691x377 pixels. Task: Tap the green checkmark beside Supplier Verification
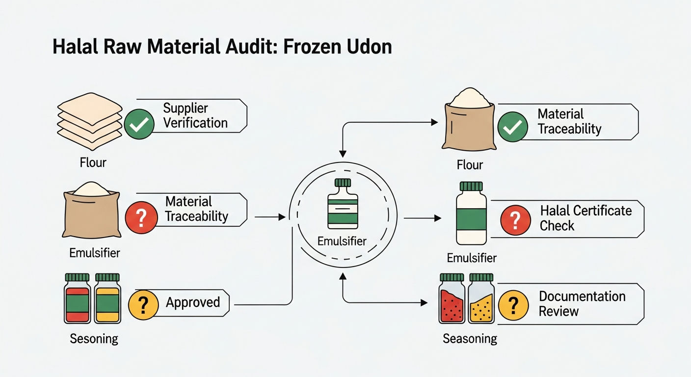139,124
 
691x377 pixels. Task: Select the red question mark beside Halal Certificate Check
515,220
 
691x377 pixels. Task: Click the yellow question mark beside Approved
143,304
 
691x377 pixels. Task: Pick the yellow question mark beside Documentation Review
513,305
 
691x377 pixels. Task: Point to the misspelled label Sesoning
94,339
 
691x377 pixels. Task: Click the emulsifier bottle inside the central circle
343,204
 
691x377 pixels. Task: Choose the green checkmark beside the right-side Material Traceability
513,127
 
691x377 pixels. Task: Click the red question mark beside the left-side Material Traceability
141,217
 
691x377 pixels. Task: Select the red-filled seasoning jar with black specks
452,298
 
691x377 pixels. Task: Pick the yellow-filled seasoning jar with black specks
481,298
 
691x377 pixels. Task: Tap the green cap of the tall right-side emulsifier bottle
471,187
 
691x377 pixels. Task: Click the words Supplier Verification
195,115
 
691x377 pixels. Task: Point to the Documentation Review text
582,303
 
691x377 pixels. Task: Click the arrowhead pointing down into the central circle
343,154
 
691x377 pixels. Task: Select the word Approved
193,302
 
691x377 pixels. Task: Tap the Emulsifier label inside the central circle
342,241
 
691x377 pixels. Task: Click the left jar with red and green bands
77,298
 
